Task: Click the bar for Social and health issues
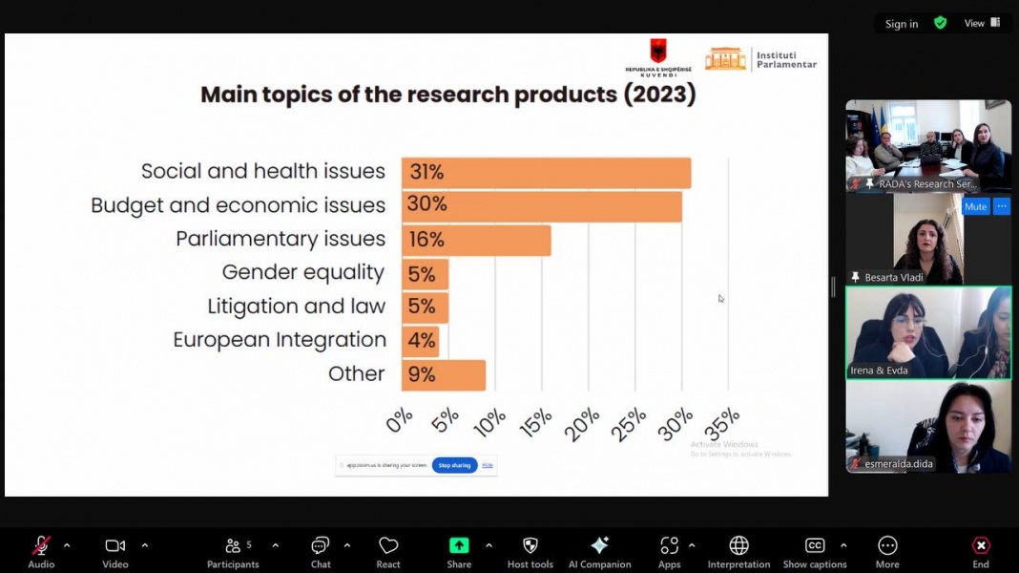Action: click(x=546, y=173)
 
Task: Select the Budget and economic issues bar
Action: click(x=541, y=206)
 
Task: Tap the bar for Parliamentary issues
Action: click(x=476, y=240)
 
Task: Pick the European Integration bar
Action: click(x=421, y=341)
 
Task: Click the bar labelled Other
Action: click(x=444, y=374)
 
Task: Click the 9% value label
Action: click(x=421, y=374)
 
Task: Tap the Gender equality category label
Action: click(x=302, y=273)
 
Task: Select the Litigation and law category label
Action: click(x=296, y=307)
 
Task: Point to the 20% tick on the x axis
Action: click(x=581, y=423)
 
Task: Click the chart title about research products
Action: click(x=447, y=95)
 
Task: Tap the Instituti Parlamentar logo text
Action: click(x=786, y=60)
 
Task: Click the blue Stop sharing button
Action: click(x=454, y=465)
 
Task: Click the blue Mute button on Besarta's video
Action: click(x=975, y=206)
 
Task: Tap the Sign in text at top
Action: click(x=901, y=24)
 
